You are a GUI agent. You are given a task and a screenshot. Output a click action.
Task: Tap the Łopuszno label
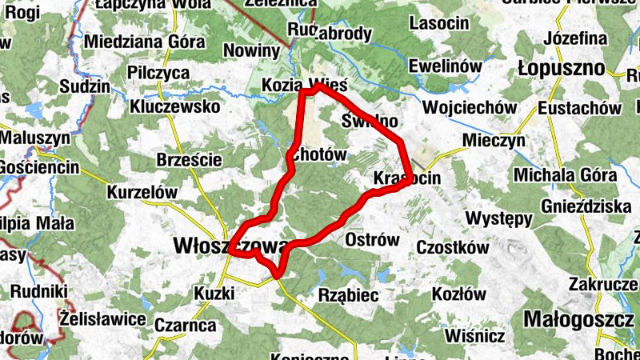click(x=561, y=67)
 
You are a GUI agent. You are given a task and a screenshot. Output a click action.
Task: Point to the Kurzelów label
click(x=141, y=193)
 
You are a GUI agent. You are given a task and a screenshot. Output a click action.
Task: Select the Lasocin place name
click(x=438, y=24)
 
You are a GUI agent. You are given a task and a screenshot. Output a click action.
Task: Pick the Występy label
click(x=499, y=218)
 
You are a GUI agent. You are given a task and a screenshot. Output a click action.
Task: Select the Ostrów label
click(x=371, y=240)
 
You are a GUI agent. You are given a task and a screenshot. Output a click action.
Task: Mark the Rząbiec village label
click(x=348, y=295)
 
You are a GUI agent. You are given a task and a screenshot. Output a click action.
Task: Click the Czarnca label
click(x=185, y=325)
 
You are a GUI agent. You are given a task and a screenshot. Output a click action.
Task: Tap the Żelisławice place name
click(x=103, y=319)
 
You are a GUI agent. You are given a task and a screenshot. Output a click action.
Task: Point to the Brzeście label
click(x=190, y=159)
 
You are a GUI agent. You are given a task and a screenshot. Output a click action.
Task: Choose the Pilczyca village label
click(x=158, y=73)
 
